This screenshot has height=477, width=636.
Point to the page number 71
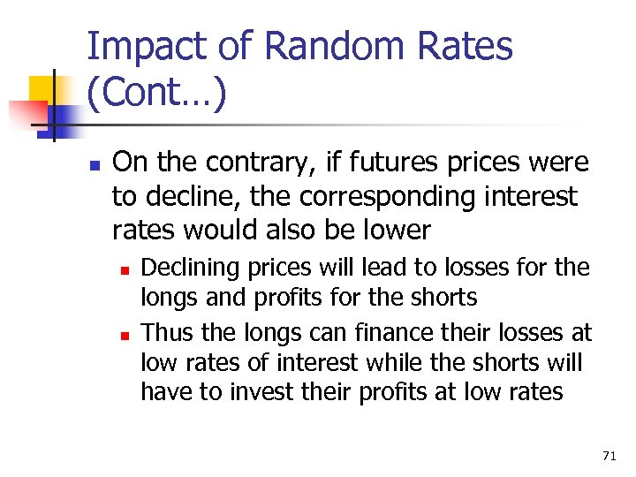click(x=609, y=456)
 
